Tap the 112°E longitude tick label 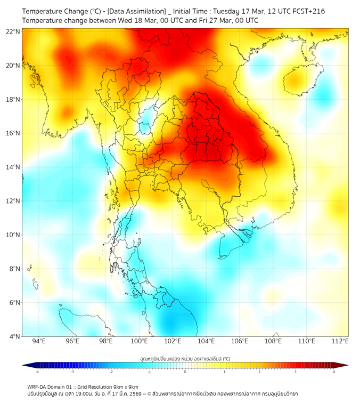point(340,341)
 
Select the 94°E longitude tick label point(38,341)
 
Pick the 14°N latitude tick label point(14,167)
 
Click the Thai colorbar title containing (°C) point(185,359)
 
